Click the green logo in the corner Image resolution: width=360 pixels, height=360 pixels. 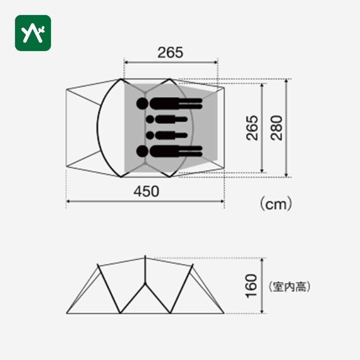coord(33,33)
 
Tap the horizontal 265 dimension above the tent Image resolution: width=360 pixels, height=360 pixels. coord(170,52)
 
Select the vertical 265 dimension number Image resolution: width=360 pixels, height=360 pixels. coord(252,128)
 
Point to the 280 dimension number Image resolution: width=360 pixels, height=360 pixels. coord(276,128)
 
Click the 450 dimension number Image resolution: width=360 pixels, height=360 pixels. coord(146,192)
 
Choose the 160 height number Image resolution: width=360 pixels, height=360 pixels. coord(251,286)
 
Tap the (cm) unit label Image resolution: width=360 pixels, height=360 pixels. coord(276,204)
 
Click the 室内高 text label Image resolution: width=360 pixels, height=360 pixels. coord(290,286)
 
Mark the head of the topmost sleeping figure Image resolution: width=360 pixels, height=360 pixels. coord(142,103)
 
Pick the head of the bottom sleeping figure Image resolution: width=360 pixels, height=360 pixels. coord(142,151)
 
